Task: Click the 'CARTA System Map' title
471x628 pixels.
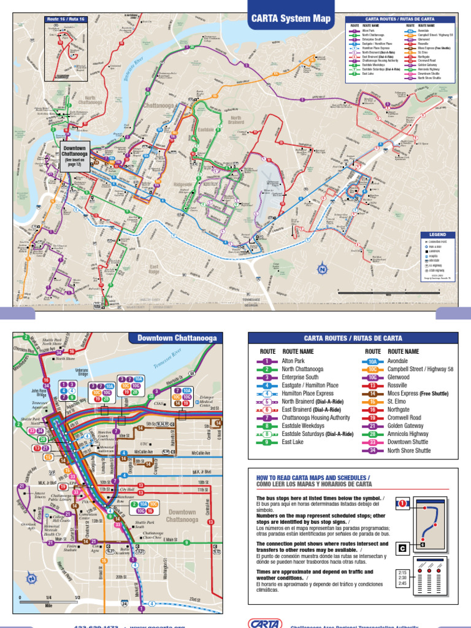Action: tap(291, 19)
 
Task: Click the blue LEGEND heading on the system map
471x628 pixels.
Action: tap(438, 234)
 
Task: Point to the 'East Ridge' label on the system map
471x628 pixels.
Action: tap(154, 269)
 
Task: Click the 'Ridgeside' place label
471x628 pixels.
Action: tap(183, 184)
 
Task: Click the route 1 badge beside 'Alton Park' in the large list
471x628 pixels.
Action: tap(267, 362)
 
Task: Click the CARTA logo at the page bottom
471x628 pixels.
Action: tap(265, 623)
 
